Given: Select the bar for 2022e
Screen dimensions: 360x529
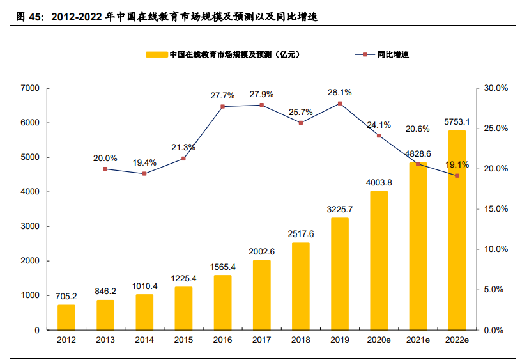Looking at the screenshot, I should point(457,230).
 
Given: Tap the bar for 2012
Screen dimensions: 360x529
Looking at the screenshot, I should point(66,317).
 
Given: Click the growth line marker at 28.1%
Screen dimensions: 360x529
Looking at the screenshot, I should point(340,103).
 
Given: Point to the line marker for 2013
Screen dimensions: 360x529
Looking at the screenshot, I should point(105,169).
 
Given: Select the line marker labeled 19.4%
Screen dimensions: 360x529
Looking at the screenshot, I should point(144,173).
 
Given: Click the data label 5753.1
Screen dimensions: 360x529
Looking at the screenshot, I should point(457,121).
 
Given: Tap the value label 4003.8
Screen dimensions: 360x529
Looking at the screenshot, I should point(379,182).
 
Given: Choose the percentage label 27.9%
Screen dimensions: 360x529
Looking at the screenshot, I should point(261,94).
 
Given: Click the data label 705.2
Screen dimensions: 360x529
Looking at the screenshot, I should point(66,296).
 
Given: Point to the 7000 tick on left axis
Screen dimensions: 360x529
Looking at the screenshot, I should point(30,88).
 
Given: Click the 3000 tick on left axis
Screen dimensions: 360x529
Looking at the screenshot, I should point(30,226).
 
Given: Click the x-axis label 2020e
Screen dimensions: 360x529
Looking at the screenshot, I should point(379,340).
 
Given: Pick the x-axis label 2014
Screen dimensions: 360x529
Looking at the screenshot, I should point(144,340).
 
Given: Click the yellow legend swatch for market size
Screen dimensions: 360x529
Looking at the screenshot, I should point(157,54).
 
